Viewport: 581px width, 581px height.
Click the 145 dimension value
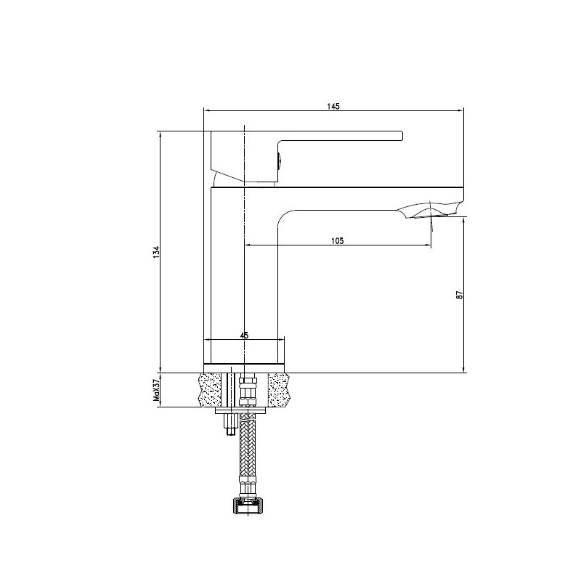(x=333, y=106)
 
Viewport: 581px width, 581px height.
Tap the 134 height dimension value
(x=157, y=252)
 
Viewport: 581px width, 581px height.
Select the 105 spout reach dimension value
(x=338, y=241)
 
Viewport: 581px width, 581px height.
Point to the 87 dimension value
(x=460, y=295)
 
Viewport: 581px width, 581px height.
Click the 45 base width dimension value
(x=244, y=336)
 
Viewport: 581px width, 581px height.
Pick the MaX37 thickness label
(x=156, y=391)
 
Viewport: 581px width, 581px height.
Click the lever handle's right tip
(x=402, y=136)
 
